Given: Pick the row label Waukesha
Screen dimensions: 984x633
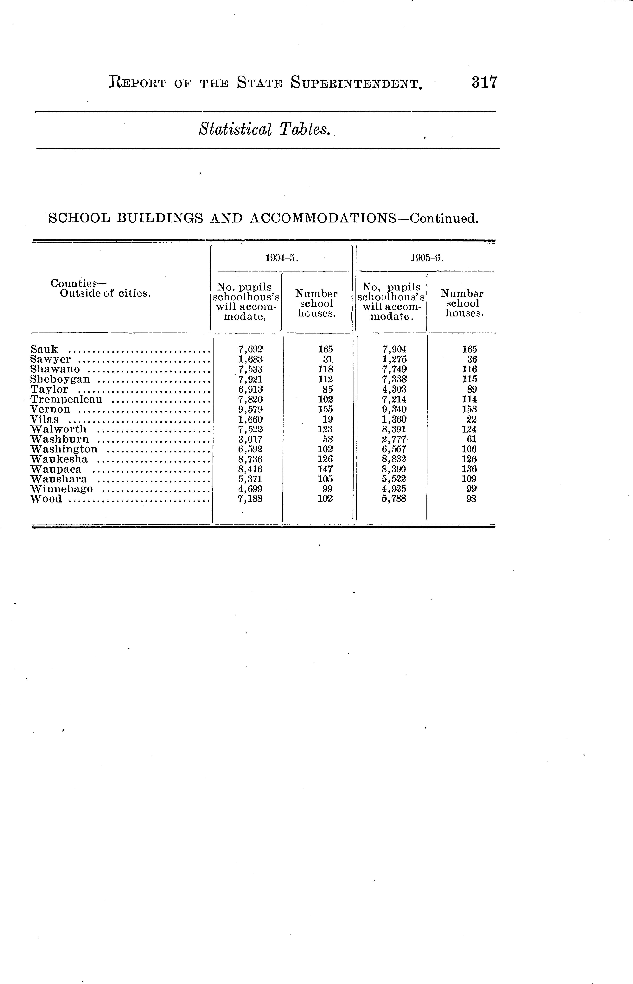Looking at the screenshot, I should pos(59,459).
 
